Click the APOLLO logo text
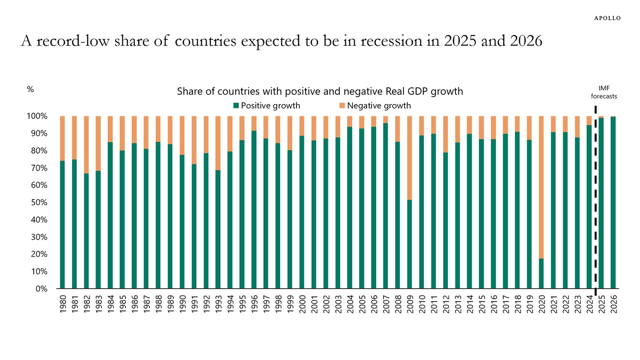[x=607, y=18]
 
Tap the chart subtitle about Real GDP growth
[x=320, y=91]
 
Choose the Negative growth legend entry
[x=374, y=105]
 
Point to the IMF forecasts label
[x=603, y=92]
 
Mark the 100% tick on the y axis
[x=37, y=116]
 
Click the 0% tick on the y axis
[x=42, y=289]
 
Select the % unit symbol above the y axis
[x=30, y=90]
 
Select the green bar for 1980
[x=62, y=225]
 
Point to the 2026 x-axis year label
[x=613, y=305]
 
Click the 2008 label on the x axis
[x=398, y=305]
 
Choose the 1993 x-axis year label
[x=218, y=305]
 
